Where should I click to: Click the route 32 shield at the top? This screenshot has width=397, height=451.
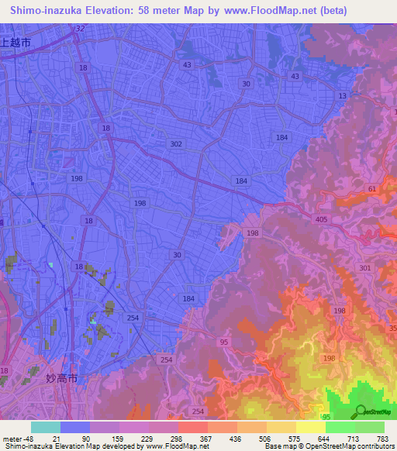pyautogui.click(x=79, y=29)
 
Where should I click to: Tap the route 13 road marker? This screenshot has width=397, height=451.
pyautogui.click(x=342, y=95)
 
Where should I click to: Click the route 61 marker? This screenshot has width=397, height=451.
pyautogui.click(x=372, y=188)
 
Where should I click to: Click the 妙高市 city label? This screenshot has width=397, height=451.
pyautogui.click(x=61, y=379)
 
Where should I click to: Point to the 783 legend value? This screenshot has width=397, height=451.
pyautogui.click(x=383, y=438)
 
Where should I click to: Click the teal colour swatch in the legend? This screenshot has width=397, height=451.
pyautogui.click(x=45, y=427)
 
